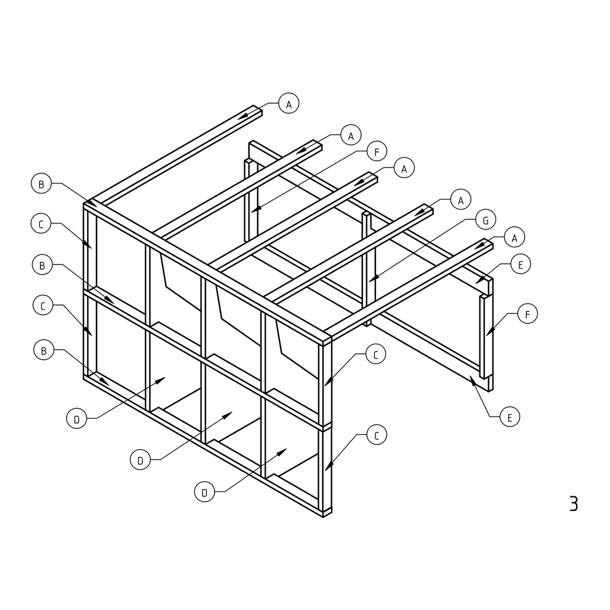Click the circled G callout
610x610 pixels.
pyautogui.click(x=485, y=220)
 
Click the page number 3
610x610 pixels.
pyautogui.click(x=574, y=503)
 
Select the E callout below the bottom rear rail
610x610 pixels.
pyautogui.click(x=510, y=416)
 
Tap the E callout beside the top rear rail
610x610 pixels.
pyautogui.click(x=521, y=264)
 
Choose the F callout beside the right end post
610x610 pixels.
pyautogui.click(x=528, y=313)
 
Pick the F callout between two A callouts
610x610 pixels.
pyautogui.click(x=376, y=151)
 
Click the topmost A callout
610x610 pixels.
pyautogui.click(x=289, y=104)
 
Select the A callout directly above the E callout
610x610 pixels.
pyautogui.click(x=514, y=237)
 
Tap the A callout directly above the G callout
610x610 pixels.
pyautogui.click(x=460, y=200)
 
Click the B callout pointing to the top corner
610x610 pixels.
pyautogui.click(x=41, y=183)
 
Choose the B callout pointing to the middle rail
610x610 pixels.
pyautogui.click(x=42, y=265)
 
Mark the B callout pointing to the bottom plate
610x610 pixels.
pyautogui.click(x=43, y=350)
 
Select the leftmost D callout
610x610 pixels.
pyautogui.click(x=77, y=419)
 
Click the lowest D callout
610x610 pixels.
pyautogui.click(x=204, y=492)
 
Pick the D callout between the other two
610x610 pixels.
pyautogui.click(x=140, y=460)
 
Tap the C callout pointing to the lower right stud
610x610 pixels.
pyautogui.click(x=376, y=435)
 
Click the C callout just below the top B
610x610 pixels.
pyautogui.click(x=41, y=224)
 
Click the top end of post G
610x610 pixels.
pyautogui.click(x=366, y=214)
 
